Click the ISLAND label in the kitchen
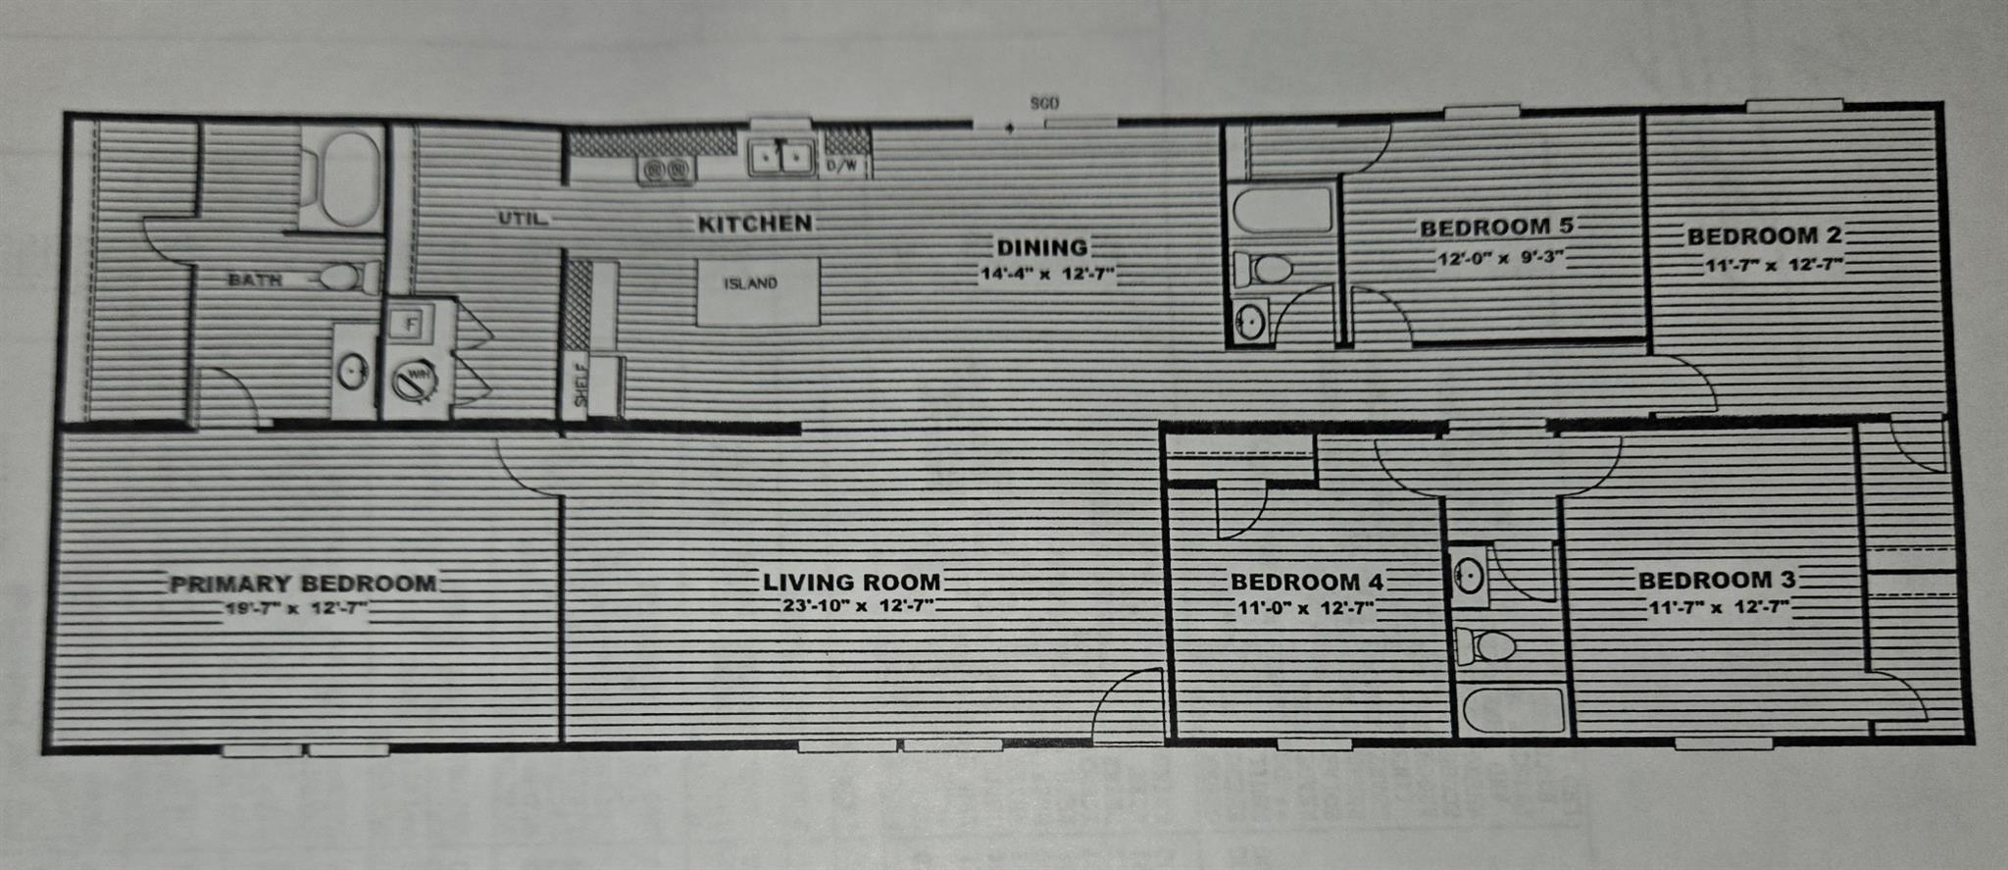coord(751,283)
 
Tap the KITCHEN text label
coord(755,224)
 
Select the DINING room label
coord(1042,247)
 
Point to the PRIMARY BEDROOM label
coord(303,585)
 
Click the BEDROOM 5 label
coord(1496,228)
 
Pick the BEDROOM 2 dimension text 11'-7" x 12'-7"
coord(1775,265)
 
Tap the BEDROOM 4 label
coord(1307,582)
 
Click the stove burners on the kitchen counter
coord(666,171)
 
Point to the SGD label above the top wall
coord(1044,103)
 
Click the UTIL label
coord(522,218)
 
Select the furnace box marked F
coord(412,322)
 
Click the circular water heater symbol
coord(415,379)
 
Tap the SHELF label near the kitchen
coord(581,385)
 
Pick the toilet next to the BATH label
coord(339,278)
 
